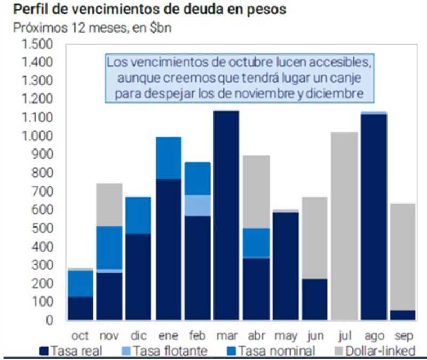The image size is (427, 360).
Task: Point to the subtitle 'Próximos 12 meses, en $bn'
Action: pos(93,28)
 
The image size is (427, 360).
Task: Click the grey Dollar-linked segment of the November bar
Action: pos(109,205)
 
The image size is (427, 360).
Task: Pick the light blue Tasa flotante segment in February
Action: pos(197,205)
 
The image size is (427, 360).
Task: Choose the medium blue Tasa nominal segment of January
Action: pos(168,158)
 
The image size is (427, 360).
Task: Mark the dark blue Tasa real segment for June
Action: pos(314,299)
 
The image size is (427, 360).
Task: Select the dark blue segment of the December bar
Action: pos(138,277)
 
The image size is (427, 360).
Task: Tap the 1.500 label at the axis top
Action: pos(37,44)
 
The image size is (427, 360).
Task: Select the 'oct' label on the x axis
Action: pos(80,336)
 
